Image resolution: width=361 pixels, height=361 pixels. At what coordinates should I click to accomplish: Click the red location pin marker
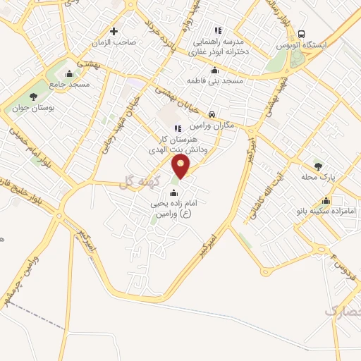click(x=181, y=166)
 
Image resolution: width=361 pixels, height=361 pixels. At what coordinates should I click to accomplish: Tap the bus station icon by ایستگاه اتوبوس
click(x=302, y=33)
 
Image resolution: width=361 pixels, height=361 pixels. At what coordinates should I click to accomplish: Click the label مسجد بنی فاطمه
click(x=214, y=81)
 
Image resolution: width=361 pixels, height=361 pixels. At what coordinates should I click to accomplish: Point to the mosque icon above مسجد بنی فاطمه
click(x=214, y=70)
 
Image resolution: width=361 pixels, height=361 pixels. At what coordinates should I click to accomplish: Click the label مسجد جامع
click(x=70, y=85)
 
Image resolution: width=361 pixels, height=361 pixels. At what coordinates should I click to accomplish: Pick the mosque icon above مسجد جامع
click(x=69, y=73)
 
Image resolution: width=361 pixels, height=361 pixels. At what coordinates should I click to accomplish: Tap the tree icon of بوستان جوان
click(x=33, y=97)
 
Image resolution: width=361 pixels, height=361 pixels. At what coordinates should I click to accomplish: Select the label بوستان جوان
click(x=33, y=109)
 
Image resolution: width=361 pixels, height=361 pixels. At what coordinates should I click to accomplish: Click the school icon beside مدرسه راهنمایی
click(x=218, y=30)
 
